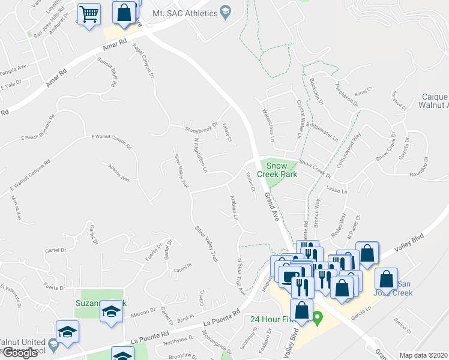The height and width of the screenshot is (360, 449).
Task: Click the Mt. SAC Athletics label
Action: (184, 13)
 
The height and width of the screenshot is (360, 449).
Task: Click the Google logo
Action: (20, 353)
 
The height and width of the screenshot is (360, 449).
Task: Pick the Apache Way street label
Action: (118, 173)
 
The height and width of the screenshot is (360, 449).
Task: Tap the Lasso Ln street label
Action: (337, 190)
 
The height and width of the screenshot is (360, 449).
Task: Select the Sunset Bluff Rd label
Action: (107, 72)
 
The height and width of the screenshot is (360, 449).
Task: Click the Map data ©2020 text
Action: (424, 355)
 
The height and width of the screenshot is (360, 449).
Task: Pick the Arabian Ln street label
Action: (233, 209)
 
